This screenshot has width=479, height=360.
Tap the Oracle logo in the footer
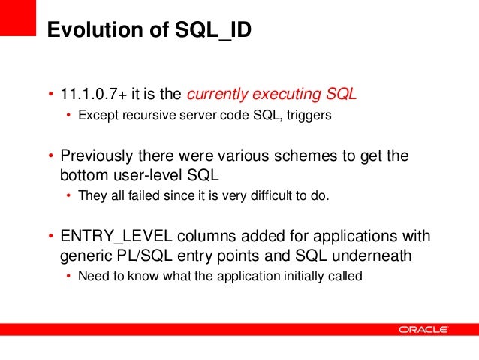423,329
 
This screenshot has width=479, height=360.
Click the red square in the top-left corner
18,17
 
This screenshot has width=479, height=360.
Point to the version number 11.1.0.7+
92,95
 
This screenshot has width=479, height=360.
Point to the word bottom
83,175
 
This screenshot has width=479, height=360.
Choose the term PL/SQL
139,256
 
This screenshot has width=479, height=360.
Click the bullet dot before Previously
51,156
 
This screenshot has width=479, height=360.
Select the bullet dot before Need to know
69,276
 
